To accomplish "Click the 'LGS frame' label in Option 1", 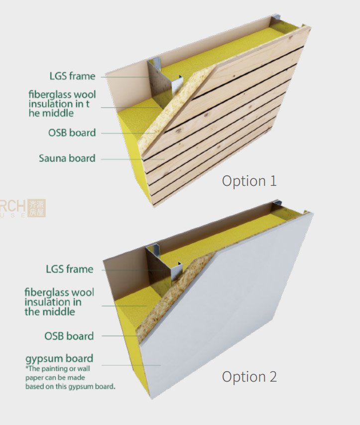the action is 72,76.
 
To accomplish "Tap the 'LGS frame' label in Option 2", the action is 70,269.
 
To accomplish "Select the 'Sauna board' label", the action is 67,158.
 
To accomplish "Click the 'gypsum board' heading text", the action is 59,359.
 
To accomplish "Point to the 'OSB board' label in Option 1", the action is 72,133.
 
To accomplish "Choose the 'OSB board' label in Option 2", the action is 69,336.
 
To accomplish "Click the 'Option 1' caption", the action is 249,181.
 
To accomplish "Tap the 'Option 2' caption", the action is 249,377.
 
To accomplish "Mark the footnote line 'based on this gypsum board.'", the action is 70,387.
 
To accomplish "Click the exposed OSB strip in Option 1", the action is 173,109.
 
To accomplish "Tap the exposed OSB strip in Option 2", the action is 173,295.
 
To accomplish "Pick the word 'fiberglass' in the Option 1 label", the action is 46,94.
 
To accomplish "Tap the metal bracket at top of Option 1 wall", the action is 275,17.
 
